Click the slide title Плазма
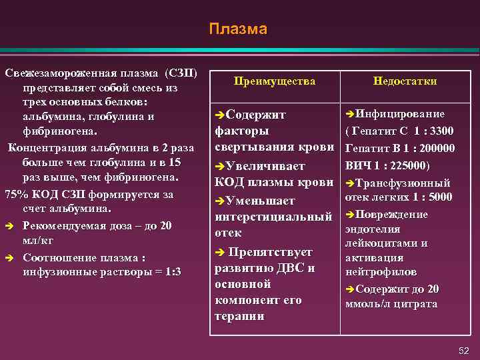pyautogui.click(x=237, y=29)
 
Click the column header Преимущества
pyautogui.click(x=274, y=81)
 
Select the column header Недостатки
pyautogui.click(x=405, y=81)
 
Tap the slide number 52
pyautogui.click(x=464, y=351)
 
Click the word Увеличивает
pyautogui.click(x=265, y=165)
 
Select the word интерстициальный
pyautogui.click(x=273, y=217)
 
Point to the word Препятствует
pyautogui.click(x=270, y=252)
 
